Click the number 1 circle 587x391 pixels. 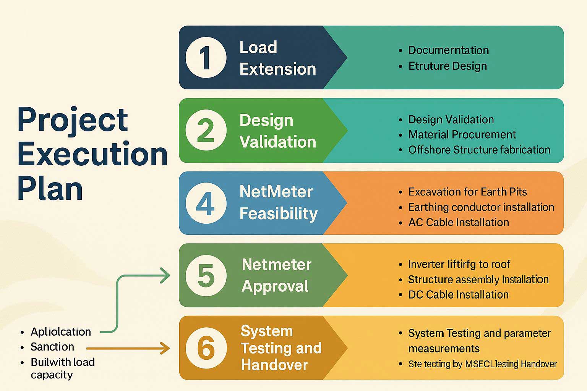point(206,58)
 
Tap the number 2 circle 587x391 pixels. point(206,130)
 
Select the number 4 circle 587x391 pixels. point(206,203)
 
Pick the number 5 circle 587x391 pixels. point(206,275)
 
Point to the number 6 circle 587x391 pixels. point(206,348)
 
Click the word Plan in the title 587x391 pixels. point(50,189)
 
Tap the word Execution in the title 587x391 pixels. point(92,154)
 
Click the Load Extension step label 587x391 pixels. point(277,58)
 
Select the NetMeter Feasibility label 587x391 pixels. point(278,203)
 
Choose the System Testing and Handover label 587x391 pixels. point(281,348)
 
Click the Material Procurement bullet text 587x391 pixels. point(462,134)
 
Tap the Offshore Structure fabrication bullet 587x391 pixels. point(479,150)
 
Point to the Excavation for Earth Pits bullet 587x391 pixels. point(467,192)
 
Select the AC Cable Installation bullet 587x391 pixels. point(458,222)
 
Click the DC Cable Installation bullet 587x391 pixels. point(458,294)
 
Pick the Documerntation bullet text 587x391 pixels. point(448,50)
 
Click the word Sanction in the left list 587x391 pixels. point(52,347)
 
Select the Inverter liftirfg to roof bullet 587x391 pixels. point(459,264)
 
